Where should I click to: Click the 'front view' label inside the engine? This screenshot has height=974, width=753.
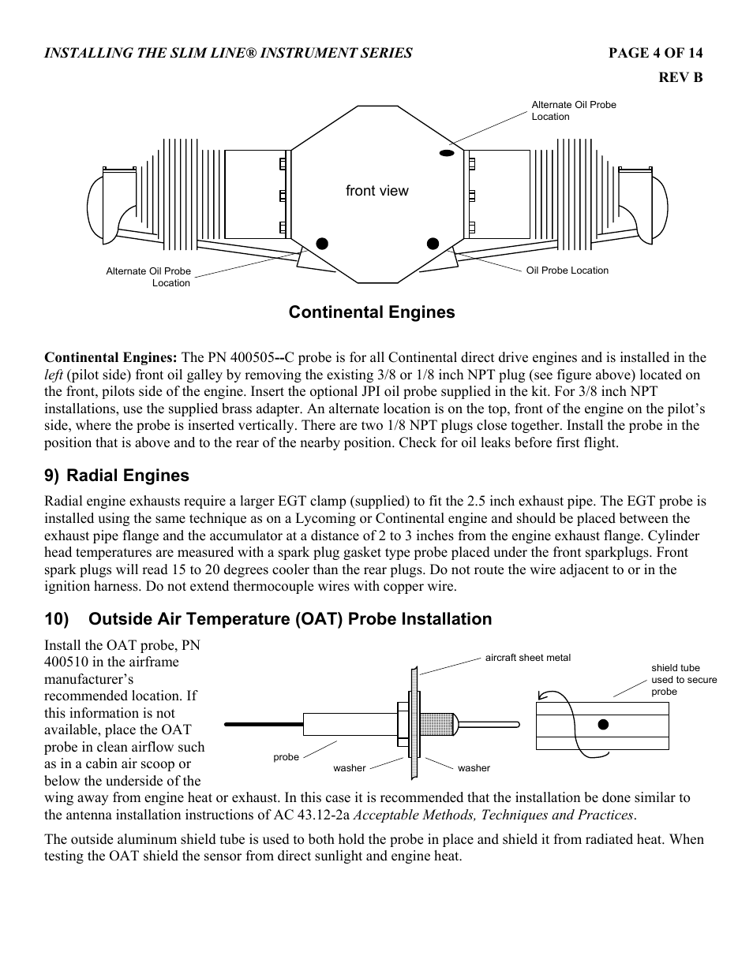pyautogui.click(x=376, y=191)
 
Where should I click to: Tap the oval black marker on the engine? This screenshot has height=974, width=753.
pyautogui.click(x=446, y=152)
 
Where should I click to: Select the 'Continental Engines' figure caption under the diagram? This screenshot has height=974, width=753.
pyautogui.click(x=371, y=312)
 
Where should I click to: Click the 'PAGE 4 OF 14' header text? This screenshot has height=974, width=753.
pyautogui.click(x=654, y=53)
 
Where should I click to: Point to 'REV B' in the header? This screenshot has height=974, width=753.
pyautogui.click(x=680, y=77)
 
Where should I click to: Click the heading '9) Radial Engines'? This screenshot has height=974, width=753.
pyautogui.click(x=117, y=476)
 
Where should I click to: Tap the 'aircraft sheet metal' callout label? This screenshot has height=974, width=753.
pyautogui.click(x=527, y=658)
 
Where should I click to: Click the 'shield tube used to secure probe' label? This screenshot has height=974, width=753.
pyautogui.click(x=684, y=679)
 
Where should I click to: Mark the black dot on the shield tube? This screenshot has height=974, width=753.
pyautogui.click(x=603, y=724)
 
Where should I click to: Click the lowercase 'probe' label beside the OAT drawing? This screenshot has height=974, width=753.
pyautogui.click(x=286, y=757)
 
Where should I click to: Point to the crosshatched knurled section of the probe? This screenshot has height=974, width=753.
pyautogui.click(x=437, y=723)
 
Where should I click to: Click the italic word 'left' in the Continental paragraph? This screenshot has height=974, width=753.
pyautogui.click(x=53, y=375)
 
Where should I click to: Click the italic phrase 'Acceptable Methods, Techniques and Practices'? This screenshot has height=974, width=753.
pyautogui.click(x=493, y=815)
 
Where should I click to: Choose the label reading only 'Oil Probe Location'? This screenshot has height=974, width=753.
pyautogui.click(x=567, y=271)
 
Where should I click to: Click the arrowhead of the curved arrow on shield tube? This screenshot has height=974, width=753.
pyautogui.click(x=542, y=696)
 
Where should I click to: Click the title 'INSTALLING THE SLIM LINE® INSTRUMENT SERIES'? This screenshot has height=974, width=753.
pyautogui.click(x=228, y=53)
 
